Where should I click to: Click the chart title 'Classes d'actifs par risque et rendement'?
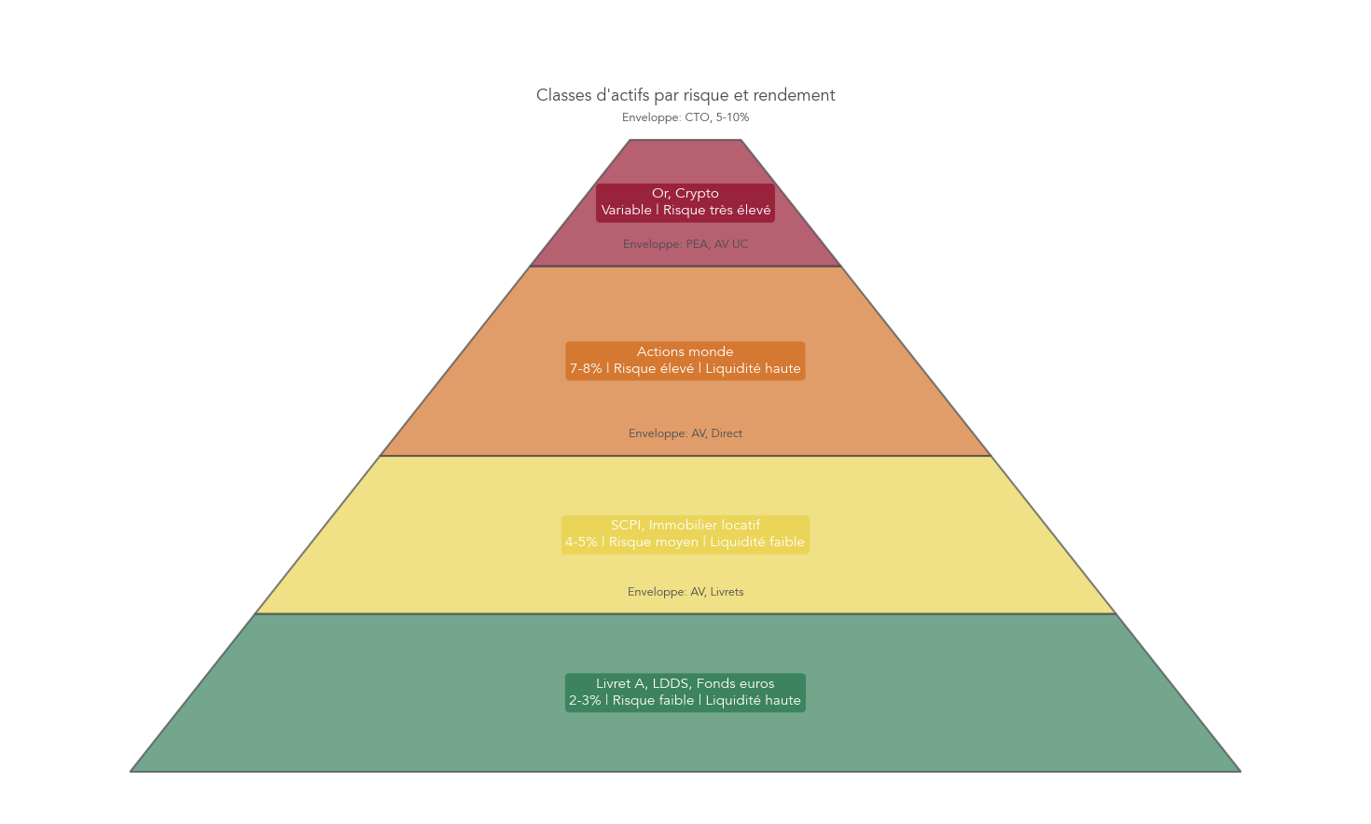685,95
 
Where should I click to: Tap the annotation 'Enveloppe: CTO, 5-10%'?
685,117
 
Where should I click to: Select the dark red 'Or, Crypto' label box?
685,202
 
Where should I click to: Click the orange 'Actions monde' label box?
685,361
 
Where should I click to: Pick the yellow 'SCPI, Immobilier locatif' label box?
685,534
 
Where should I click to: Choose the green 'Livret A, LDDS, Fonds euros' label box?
685,693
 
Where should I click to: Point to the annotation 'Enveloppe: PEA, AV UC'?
685,244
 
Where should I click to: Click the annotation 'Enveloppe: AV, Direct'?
685,433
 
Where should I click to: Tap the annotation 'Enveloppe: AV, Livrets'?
685,592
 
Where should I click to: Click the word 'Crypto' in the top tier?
698,194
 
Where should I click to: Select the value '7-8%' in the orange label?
586,369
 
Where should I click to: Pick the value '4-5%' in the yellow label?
580,542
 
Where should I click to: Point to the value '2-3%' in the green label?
585,701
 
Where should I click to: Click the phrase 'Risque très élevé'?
717,211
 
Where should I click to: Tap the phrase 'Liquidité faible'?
757,542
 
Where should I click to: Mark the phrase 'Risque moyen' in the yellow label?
654,542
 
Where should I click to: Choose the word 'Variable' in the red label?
626,211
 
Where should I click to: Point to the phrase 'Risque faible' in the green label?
653,701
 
